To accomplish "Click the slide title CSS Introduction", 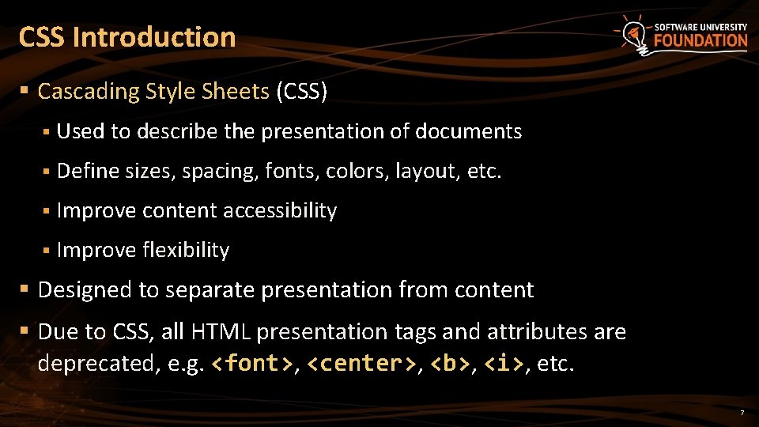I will point(126,37).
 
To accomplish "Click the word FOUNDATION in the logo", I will point(700,40).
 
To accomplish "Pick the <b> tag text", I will point(450,364).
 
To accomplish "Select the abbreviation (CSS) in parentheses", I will point(301,92).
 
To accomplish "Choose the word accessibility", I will point(280,210).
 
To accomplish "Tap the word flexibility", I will point(187,250).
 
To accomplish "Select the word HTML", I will point(226,331).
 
